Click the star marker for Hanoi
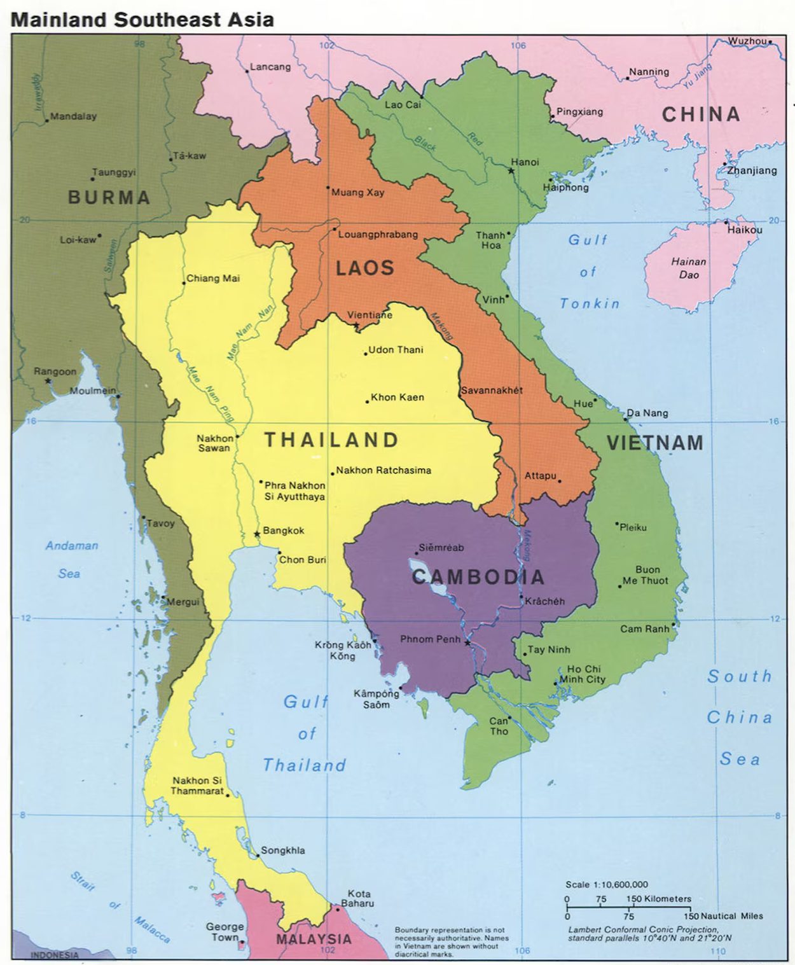[511, 170]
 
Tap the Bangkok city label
[284, 531]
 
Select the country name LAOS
[365, 268]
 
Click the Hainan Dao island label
[689, 268]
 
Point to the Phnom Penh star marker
[467, 643]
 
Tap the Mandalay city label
[73, 116]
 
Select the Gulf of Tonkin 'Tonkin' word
[590, 303]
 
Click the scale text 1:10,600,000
[607, 884]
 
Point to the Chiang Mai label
[213, 279]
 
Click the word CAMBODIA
[478, 577]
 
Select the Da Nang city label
[647, 413]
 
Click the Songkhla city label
[283, 850]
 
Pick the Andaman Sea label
[71, 559]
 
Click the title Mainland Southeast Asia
[142, 19]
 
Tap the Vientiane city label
[370, 315]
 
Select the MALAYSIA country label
[314, 939]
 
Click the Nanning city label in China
[649, 72]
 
